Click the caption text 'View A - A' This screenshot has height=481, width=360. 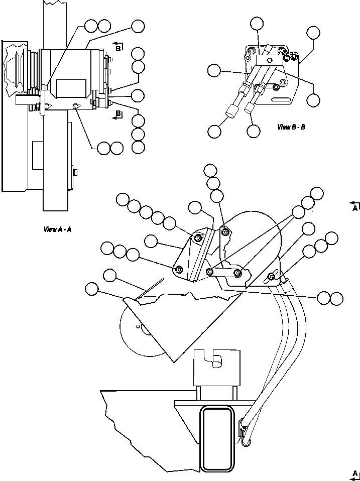tap(57, 229)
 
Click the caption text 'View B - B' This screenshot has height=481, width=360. tap(292, 127)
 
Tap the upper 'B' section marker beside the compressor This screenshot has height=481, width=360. tap(117, 46)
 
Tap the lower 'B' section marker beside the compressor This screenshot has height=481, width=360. tap(118, 114)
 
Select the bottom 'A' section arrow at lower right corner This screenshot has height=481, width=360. tap(354, 474)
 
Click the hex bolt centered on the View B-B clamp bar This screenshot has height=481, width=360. tap(269, 60)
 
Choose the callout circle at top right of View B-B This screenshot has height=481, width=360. tap(313, 33)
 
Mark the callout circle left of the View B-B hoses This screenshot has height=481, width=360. tap(214, 70)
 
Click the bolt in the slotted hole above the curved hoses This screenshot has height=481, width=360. tap(272, 276)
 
